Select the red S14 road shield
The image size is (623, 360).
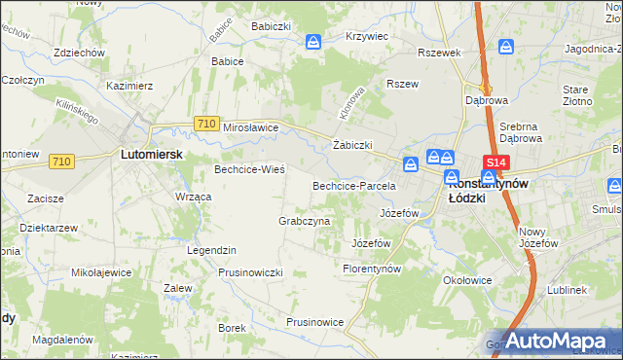pyautogui.click(x=495, y=162)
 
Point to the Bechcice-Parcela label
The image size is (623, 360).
pyautogui.click(x=353, y=185)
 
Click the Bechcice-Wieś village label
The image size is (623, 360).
pyautogui.click(x=249, y=169)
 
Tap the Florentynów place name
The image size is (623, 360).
pyautogui.click(x=373, y=268)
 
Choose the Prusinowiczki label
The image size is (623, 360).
pyautogui.click(x=250, y=272)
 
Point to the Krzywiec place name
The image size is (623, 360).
pyautogui.click(x=367, y=36)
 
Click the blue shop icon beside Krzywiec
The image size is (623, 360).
pyautogui.click(x=313, y=42)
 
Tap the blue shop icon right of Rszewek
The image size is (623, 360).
pyautogui.click(x=506, y=47)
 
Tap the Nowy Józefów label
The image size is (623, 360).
pyautogui.click(x=539, y=236)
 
